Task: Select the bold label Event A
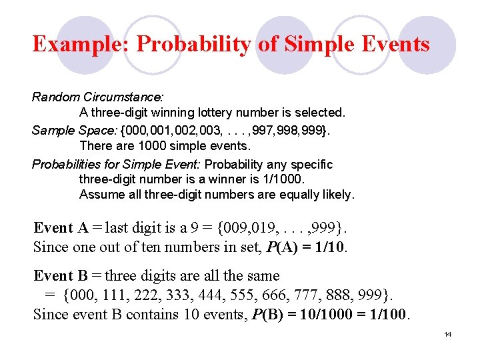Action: [61, 228]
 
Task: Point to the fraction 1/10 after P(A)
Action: [331, 247]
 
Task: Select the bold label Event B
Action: [61, 275]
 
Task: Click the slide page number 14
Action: [448, 334]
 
